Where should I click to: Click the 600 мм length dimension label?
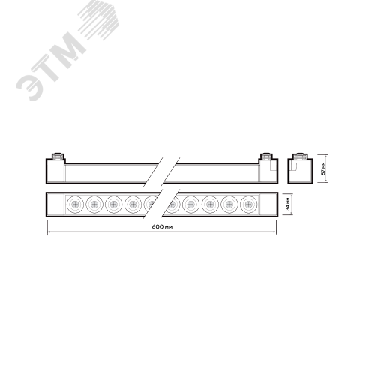(162, 226)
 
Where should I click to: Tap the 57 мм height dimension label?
(323, 169)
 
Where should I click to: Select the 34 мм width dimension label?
(288, 204)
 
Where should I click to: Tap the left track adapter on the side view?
(58, 157)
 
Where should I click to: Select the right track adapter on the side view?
(266, 157)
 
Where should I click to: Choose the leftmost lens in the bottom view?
(75, 205)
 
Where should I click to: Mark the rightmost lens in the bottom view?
(249, 205)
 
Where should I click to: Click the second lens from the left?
(94, 205)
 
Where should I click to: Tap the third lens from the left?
(114, 205)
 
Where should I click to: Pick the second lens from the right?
(229, 205)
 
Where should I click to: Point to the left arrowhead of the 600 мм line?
(48, 232)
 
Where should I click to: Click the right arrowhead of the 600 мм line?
(275, 232)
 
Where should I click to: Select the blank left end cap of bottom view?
(55, 205)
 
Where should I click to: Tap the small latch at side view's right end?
(273, 166)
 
